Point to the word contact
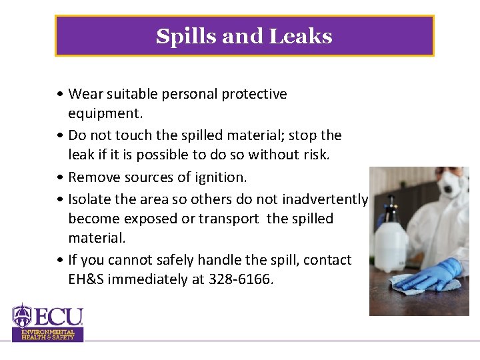[327, 259]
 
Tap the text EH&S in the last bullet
[85, 280]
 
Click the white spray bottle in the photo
[391, 240]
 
